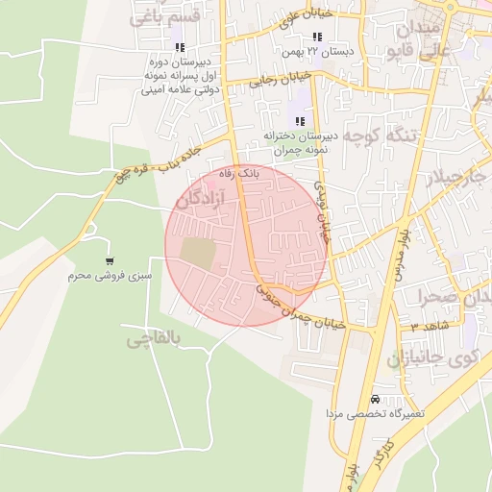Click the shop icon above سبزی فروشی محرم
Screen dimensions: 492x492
[x=111, y=260]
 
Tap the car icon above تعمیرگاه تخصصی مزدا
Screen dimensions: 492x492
[x=374, y=399]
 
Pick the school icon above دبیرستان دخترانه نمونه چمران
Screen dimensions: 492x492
[x=300, y=122]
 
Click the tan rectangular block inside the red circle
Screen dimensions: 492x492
[x=198, y=253]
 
